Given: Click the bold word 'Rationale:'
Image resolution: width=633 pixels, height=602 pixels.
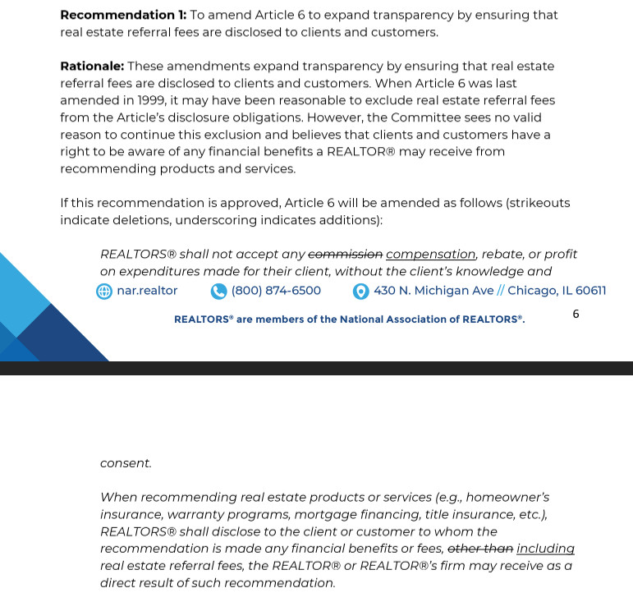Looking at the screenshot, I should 92,66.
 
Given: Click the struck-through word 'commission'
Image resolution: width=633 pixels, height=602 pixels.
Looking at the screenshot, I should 345,255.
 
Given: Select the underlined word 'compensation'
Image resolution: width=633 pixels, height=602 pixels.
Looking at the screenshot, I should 431,255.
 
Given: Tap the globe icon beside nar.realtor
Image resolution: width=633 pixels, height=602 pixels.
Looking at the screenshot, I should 104,291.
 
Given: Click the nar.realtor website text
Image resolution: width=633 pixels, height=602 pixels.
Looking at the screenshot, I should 147,291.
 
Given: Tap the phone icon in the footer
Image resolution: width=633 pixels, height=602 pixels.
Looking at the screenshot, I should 218,291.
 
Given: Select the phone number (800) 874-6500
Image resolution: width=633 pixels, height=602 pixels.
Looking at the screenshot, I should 276,291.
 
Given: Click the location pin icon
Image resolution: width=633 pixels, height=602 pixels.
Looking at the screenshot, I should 360,291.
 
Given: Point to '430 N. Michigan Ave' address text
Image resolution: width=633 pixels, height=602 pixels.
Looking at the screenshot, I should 433,291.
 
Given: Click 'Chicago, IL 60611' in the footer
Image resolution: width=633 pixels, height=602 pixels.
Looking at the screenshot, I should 557,291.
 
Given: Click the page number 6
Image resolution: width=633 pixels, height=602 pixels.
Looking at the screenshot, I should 576,314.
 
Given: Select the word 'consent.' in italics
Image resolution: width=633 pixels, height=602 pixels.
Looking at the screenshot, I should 126,463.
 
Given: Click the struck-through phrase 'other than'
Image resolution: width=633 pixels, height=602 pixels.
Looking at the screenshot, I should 480,549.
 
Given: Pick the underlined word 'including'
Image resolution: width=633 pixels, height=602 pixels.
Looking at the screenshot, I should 545,549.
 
